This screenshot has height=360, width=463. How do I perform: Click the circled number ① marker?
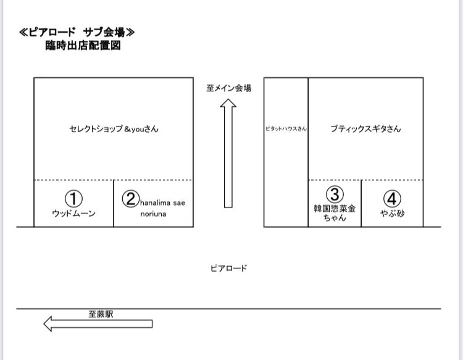point(73,198)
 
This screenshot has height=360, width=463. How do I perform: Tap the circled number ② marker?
point(130,199)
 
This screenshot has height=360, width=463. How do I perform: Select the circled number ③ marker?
point(334,195)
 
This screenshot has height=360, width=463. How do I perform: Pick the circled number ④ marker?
point(392,199)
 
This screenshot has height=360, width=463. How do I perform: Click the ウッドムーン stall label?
point(73,213)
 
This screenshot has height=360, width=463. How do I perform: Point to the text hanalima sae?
point(163,202)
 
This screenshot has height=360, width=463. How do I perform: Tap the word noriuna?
point(153,214)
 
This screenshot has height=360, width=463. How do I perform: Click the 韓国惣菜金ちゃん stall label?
point(334,213)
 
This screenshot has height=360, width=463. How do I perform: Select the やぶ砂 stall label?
point(392,213)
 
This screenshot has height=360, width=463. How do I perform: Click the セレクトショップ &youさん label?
point(110,129)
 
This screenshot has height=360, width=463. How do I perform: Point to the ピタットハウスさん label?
point(286,129)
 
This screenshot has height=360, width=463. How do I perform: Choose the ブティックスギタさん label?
point(365,129)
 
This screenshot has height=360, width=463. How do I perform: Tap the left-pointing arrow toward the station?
point(98,324)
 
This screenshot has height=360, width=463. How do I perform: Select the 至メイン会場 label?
point(228,88)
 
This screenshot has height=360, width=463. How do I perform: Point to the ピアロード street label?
point(228,268)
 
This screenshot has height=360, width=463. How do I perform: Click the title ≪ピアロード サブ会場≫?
point(77,32)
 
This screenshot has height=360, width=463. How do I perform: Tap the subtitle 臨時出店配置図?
point(78,46)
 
